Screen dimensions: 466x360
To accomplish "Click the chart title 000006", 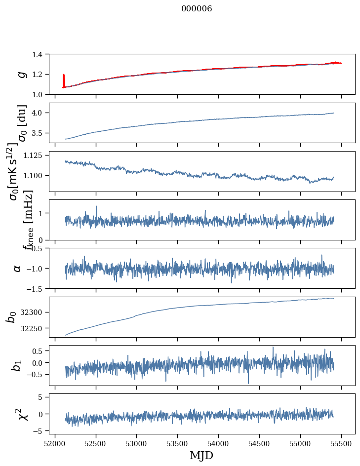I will coord(197,8).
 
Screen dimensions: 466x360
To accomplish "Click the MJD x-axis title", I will coord(201,455).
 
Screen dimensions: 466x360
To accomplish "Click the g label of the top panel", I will coord(20,74).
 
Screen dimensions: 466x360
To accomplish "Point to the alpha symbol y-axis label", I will coord(18,268).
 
